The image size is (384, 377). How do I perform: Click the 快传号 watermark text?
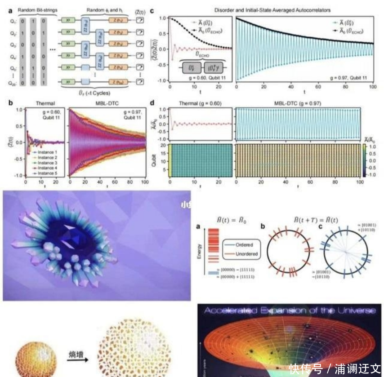point(306,368)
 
